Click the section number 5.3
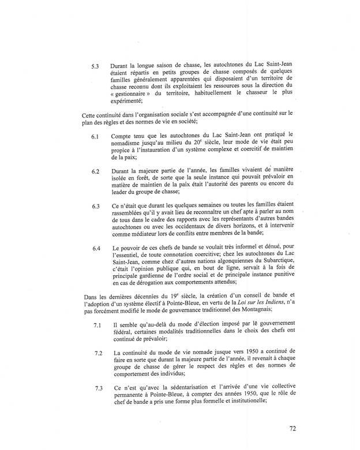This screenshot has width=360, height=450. click(95, 66)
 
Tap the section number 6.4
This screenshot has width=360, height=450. click(95, 249)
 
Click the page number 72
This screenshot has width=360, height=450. click(293, 429)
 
